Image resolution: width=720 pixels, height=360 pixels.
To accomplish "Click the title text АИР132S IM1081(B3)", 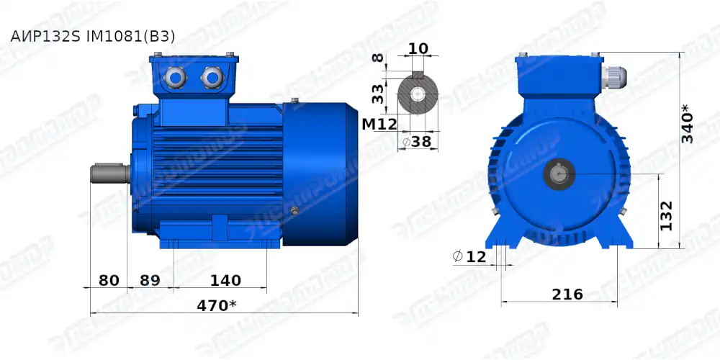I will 93,36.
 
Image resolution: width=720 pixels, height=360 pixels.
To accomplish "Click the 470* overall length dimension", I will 217,305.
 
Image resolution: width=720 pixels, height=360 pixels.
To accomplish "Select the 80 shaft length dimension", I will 109,280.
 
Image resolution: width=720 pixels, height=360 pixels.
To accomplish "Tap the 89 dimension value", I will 149,280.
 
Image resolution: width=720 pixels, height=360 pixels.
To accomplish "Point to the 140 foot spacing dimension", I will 225,280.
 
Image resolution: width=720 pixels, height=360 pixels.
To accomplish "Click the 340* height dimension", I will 688,124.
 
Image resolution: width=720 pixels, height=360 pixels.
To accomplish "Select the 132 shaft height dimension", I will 667,215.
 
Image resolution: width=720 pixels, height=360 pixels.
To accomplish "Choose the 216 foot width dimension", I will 567,294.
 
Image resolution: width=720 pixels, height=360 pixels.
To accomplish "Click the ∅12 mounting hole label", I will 470,256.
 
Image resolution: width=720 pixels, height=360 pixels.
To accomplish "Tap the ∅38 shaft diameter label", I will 417,141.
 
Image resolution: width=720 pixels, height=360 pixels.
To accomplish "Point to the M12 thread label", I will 379,124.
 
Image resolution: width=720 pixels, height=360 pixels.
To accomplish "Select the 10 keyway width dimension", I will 418,49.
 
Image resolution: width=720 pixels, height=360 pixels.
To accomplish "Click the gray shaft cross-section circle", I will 418,93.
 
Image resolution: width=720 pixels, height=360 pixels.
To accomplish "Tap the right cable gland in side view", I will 212,76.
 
